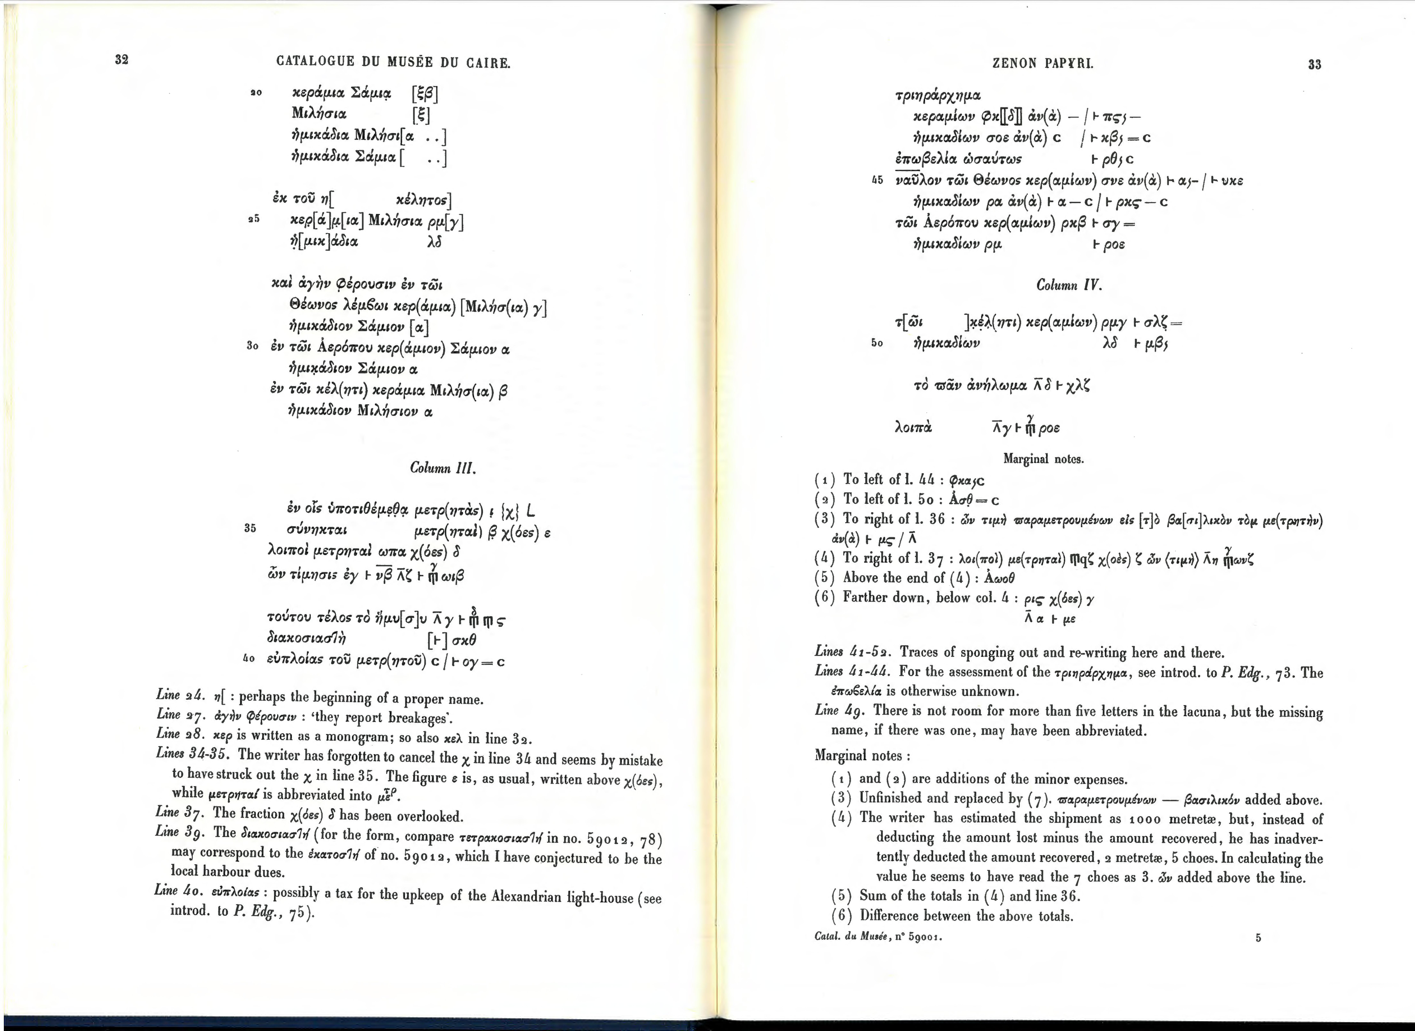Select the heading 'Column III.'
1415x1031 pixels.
(x=443, y=467)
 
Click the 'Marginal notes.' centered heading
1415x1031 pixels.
(x=1043, y=459)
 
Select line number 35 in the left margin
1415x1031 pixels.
(x=250, y=528)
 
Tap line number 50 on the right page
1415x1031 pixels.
(x=877, y=343)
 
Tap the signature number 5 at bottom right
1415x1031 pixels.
(x=1258, y=937)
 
